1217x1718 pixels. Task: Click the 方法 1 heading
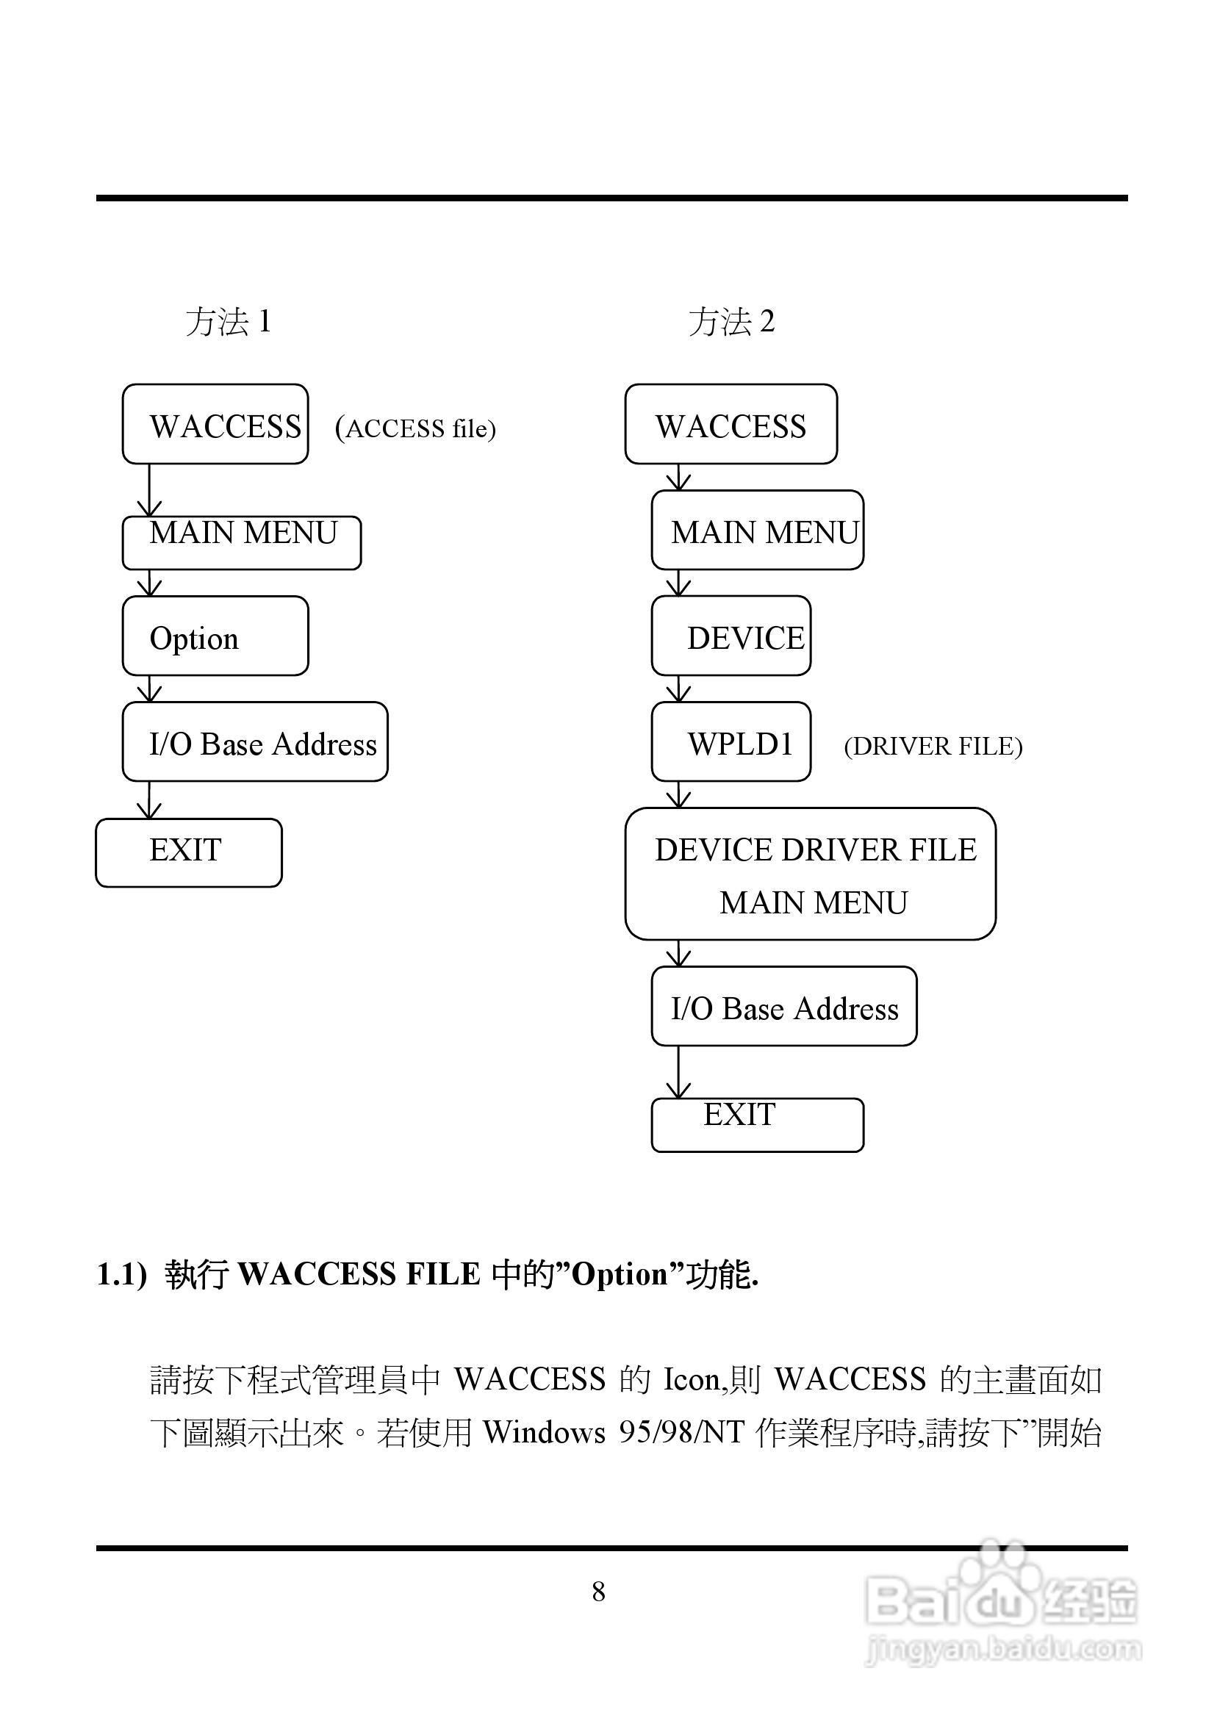[228, 322]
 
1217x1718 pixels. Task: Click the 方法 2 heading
[731, 322]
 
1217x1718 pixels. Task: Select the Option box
[215, 636]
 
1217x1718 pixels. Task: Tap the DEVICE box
[731, 636]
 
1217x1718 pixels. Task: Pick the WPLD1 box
[731, 741]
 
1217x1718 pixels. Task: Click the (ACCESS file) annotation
[416, 428]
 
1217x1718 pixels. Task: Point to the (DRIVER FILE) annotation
[933, 747]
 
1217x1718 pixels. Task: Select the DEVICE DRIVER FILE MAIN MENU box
[810, 874]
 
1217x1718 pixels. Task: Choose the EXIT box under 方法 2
[757, 1124]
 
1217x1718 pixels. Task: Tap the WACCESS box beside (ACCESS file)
[215, 424]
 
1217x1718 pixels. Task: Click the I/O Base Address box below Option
[255, 741]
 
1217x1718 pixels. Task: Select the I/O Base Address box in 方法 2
[784, 1006]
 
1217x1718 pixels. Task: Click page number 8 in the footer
[599, 1592]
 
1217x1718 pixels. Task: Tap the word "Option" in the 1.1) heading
[619, 1274]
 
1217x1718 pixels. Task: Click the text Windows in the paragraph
[544, 1432]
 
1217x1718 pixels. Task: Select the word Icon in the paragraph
[689, 1379]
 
